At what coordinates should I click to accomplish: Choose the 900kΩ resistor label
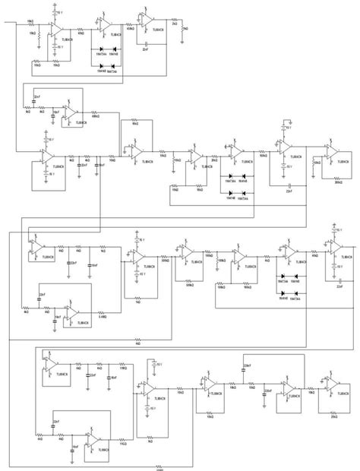click(x=248, y=287)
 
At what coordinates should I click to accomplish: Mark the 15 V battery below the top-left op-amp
click(x=52, y=46)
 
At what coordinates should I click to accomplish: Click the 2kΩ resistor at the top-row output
click(x=174, y=26)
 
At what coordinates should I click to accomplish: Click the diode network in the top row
click(x=106, y=59)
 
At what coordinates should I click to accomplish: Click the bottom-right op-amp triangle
click(x=332, y=384)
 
